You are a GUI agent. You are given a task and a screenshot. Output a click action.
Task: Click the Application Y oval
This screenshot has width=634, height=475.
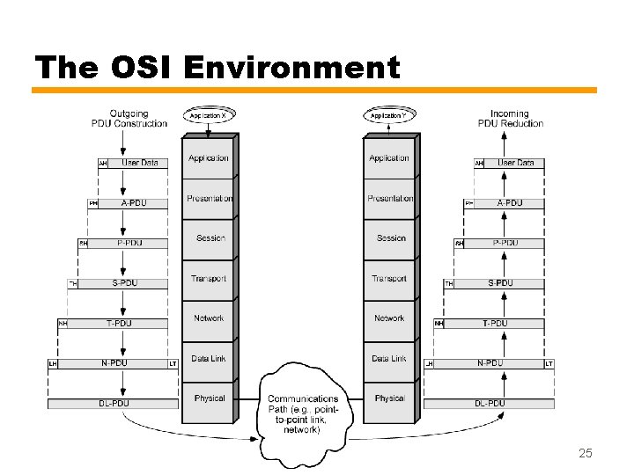(388, 115)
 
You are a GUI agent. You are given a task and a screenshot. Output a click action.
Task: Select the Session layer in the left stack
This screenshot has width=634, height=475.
(210, 238)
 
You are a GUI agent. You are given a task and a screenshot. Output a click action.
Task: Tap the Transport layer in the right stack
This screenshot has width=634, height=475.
(389, 279)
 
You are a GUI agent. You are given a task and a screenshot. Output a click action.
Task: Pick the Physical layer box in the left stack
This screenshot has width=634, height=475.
(209, 398)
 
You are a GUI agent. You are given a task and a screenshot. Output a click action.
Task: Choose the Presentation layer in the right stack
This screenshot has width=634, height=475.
(389, 199)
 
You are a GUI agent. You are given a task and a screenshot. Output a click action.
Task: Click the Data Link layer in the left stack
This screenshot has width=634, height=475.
(209, 359)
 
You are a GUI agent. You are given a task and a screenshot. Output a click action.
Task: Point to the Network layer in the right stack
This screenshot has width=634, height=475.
(389, 318)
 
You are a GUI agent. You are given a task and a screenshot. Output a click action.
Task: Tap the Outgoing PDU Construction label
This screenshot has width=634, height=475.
(129, 119)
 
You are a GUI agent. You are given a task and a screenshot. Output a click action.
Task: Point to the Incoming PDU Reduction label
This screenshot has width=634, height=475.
(510, 119)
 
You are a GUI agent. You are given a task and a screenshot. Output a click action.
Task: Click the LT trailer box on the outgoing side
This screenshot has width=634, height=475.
(173, 363)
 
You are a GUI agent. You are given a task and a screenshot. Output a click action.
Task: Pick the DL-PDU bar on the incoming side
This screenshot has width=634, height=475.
(489, 404)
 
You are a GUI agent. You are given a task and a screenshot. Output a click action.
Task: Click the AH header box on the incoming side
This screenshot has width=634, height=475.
(479, 164)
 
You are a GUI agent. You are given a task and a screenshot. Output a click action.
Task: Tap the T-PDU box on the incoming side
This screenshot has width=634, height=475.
(495, 324)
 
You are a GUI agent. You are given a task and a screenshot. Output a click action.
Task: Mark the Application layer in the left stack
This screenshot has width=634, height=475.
(209, 158)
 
